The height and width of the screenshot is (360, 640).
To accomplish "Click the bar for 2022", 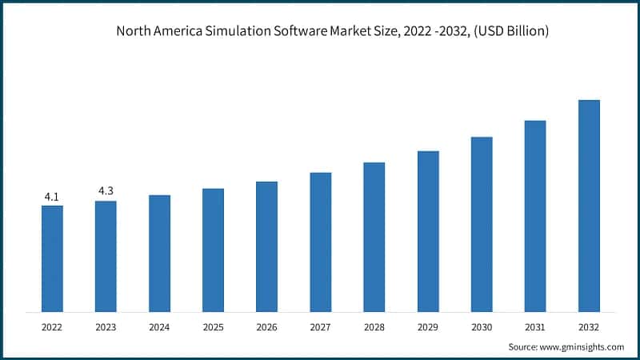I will click(x=52, y=258).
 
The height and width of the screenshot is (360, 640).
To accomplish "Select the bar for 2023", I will click(x=106, y=256).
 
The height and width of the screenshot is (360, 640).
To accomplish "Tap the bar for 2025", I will click(x=213, y=250).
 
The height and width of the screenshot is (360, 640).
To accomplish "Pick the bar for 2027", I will click(x=321, y=242).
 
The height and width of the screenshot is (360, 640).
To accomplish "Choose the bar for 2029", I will click(x=428, y=231).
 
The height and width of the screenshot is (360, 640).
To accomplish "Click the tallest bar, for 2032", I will click(x=589, y=206).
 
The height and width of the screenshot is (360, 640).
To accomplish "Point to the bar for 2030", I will click(x=482, y=224).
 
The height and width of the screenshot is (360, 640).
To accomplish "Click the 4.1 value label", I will click(x=52, y=196).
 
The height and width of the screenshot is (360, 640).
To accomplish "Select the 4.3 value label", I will click(x=106, y=191).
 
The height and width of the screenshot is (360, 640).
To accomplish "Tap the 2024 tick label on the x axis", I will click(x=159, y=326).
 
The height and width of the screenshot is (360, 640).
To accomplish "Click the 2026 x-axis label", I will click(x=266, y=326).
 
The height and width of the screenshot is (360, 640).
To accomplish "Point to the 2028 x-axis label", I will click(x=374, y=326).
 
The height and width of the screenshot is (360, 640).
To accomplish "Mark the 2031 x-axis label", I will click(x=535, y=326).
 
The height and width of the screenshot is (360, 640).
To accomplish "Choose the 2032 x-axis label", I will click(x=589, y=326).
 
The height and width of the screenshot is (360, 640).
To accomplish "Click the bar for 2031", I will click(x=535, y=216).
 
